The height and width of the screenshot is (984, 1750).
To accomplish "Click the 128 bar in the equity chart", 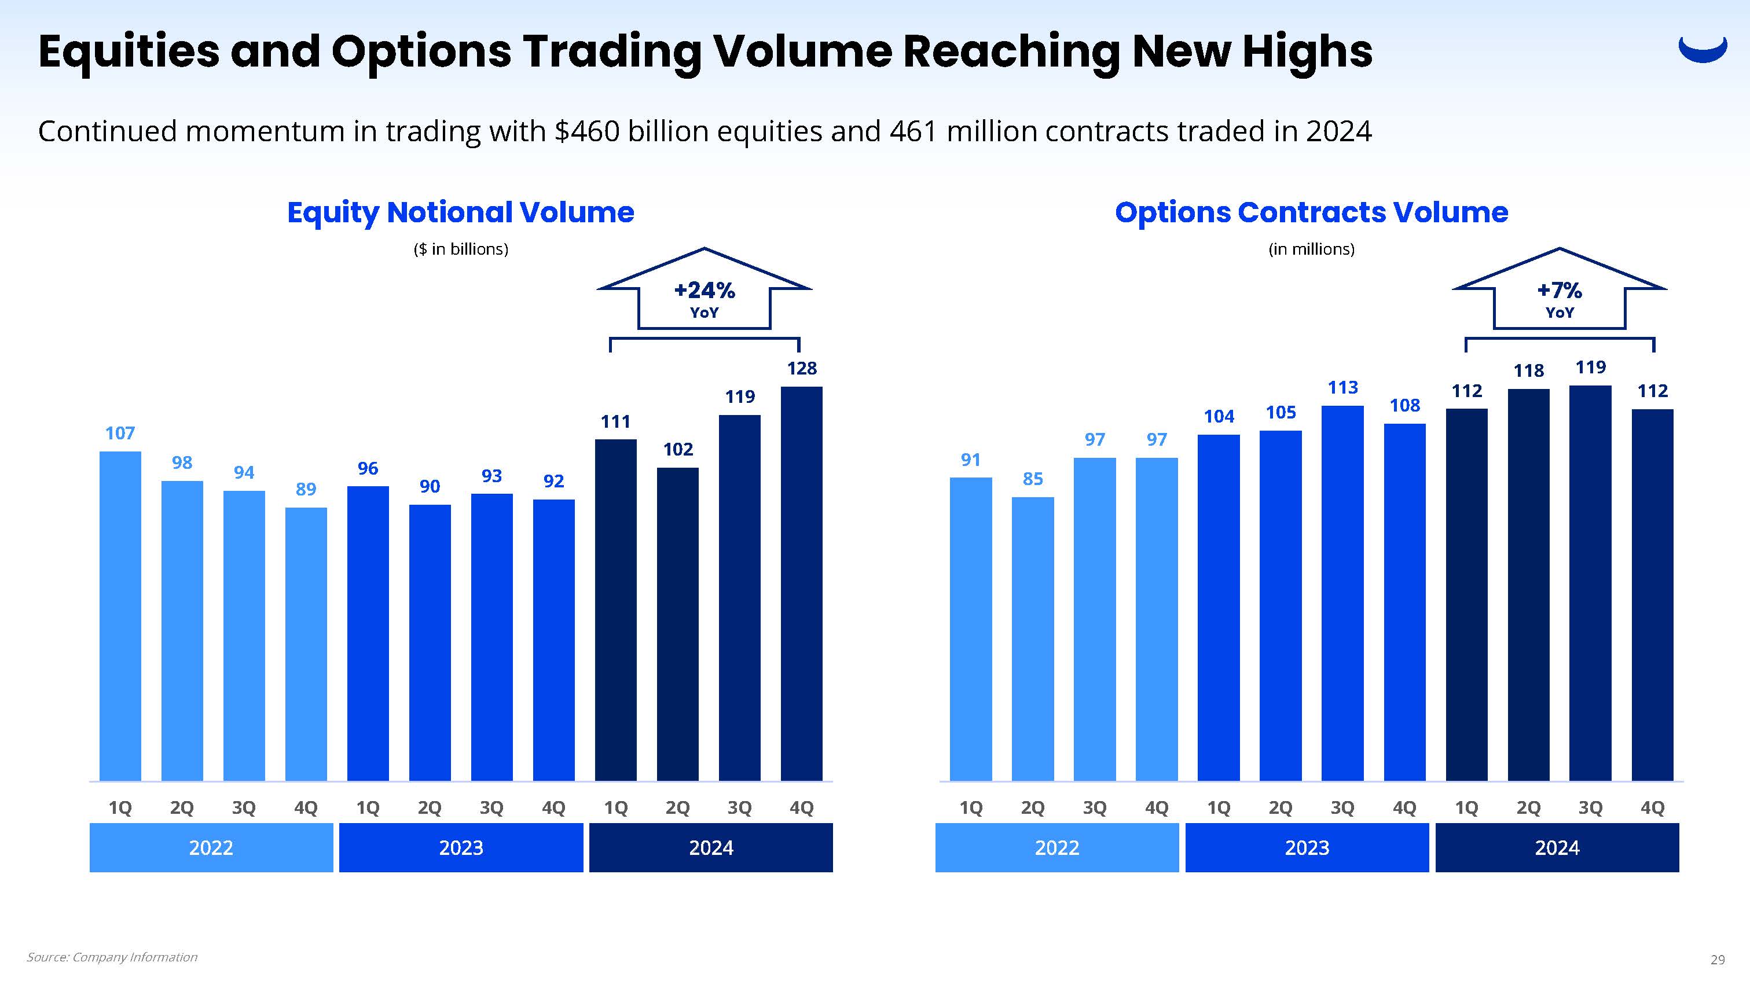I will (802, 584).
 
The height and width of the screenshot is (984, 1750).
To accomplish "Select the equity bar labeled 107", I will (120, 616).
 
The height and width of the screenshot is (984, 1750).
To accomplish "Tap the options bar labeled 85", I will (1033, 638).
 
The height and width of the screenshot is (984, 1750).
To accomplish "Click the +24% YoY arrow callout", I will (705, 292).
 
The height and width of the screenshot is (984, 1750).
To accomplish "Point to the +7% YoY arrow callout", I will (1559, 292).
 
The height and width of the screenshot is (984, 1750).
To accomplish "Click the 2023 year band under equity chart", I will (461, 847).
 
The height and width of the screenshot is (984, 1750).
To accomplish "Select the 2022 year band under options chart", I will (1056, 847).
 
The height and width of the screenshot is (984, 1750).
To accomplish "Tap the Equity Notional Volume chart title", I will (461, 212).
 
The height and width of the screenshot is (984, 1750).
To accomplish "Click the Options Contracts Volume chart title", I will (1311, 212).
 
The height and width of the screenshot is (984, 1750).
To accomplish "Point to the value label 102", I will (678, 449).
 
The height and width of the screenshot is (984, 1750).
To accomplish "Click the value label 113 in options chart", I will (1343, 387).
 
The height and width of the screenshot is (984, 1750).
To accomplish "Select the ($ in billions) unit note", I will (461, 249).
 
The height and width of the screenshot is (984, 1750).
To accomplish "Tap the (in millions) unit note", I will (1311, 249).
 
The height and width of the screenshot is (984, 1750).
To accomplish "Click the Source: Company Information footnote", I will (112, 957).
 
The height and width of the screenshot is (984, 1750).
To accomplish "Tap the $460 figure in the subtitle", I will (587, 131).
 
